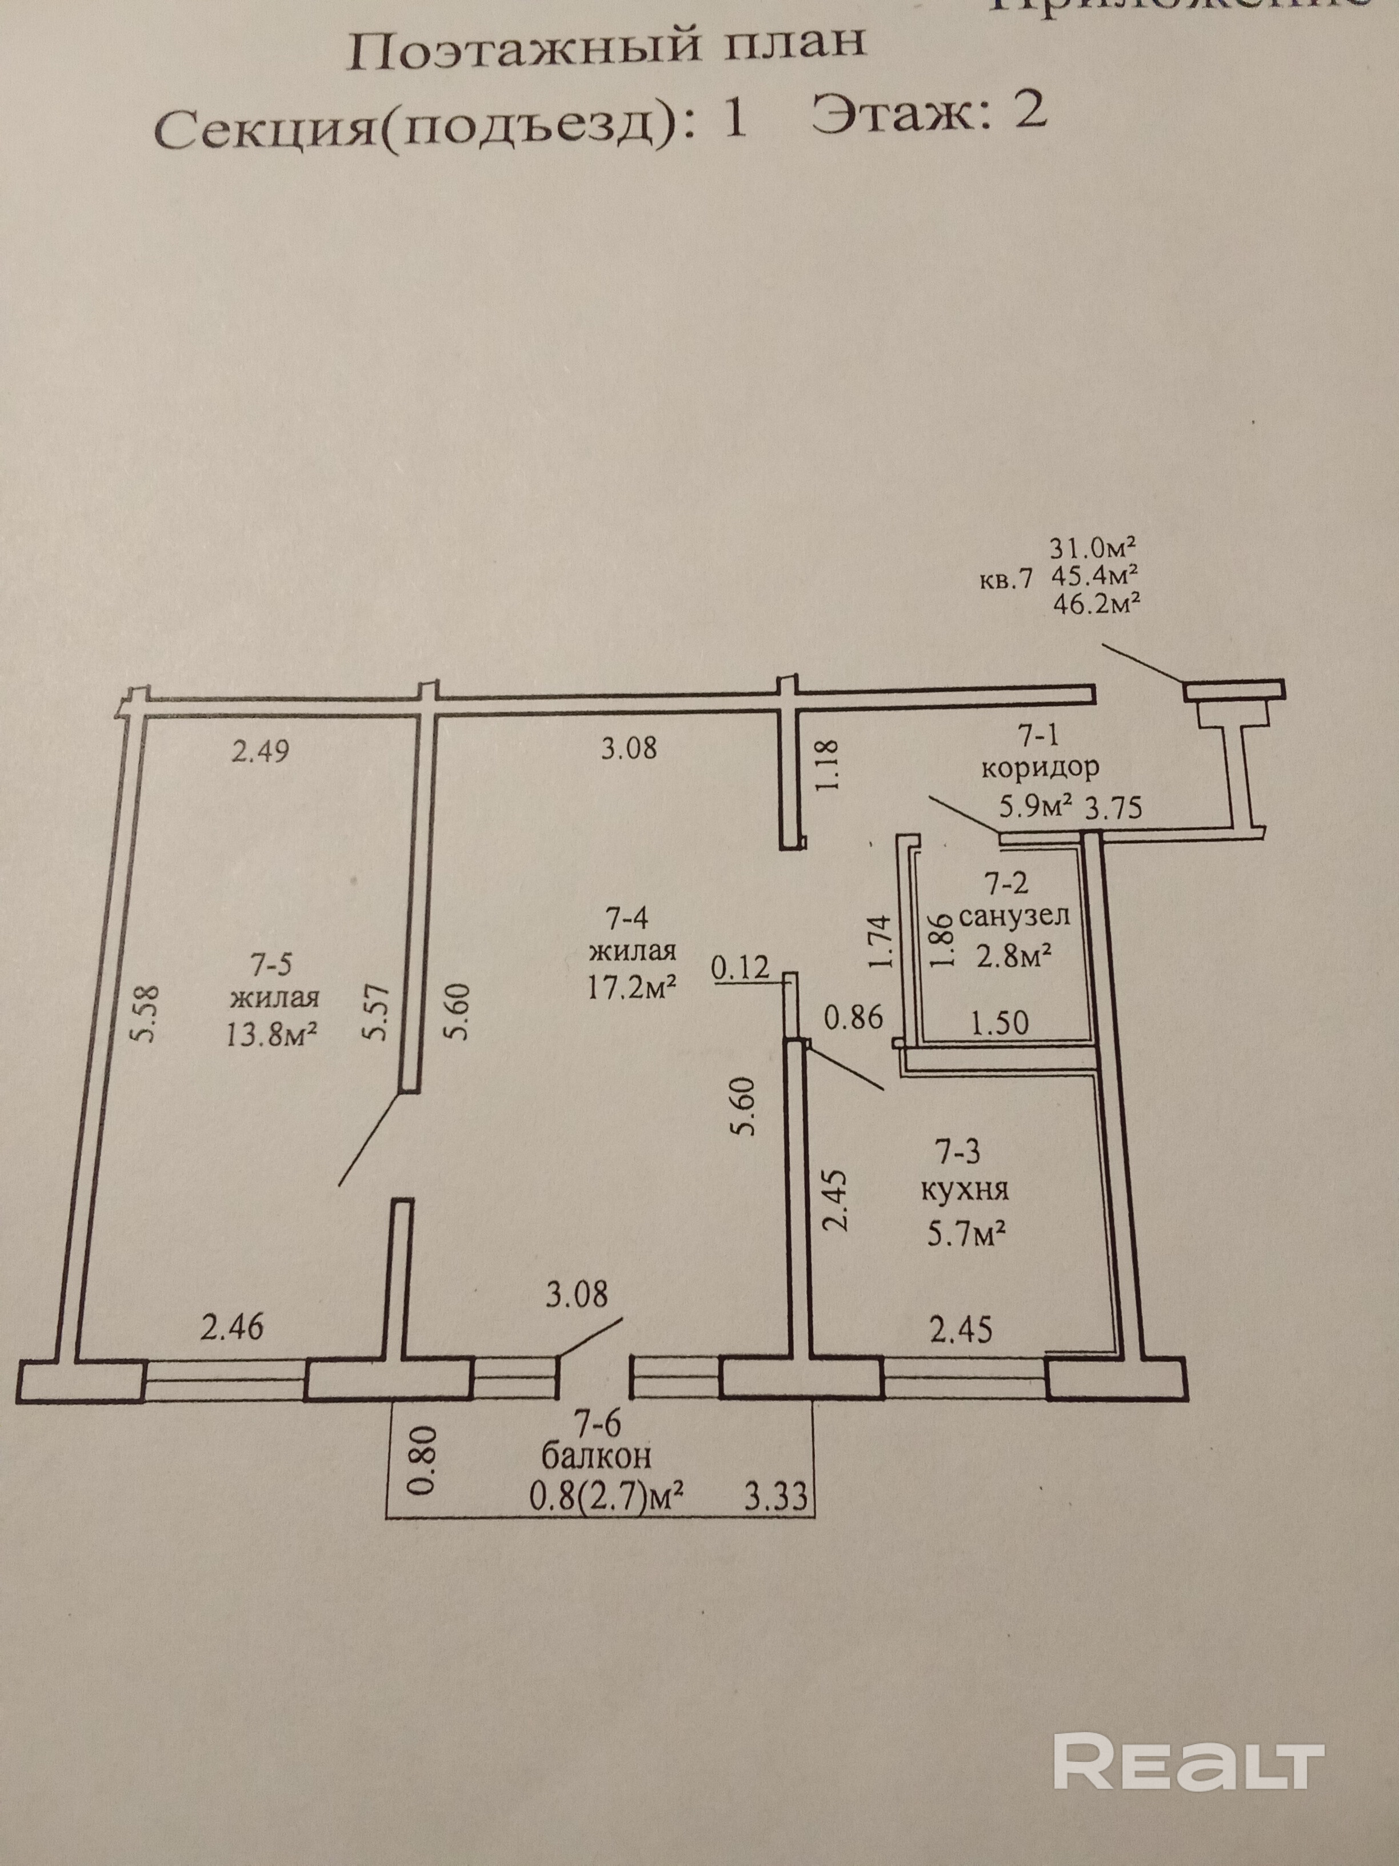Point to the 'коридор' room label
(1041, 768)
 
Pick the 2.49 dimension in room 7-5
(261, 750)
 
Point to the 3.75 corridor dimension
(1113, 808)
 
